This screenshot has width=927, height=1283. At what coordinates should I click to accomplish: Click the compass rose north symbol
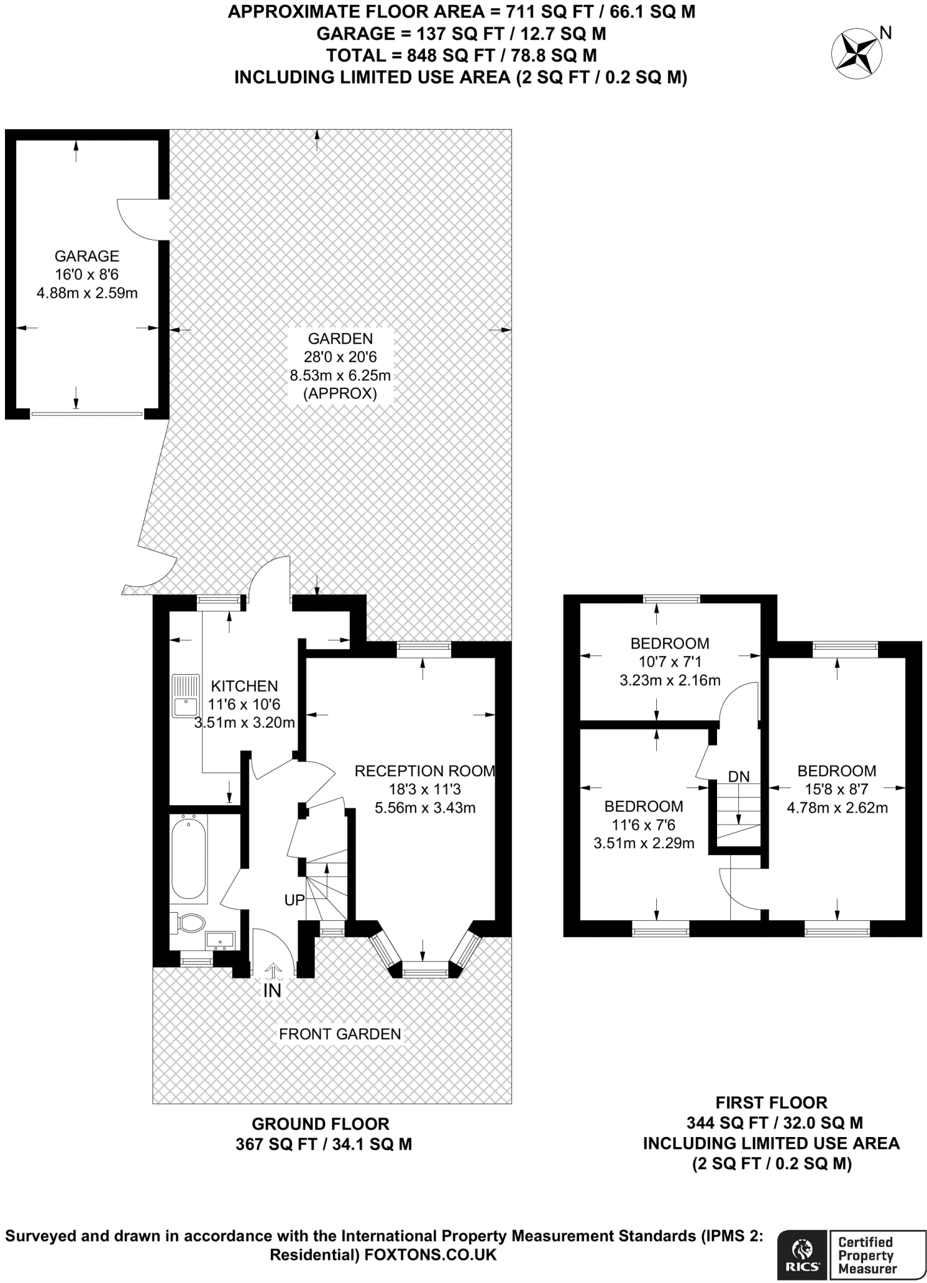click(x=856, y=53)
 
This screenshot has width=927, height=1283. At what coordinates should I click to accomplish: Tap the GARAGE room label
click(x=86, y=256)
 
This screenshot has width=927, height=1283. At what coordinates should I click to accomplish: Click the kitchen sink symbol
click(x=185, y=696)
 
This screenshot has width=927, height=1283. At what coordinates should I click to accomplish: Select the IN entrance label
click(x=272, y=990)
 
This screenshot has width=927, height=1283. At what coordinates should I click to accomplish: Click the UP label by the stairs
click(x=295, y=900)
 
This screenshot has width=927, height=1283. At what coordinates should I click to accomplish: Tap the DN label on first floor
click(x=739, y=776)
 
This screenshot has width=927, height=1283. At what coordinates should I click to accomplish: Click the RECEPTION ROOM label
click(x=425, y=771)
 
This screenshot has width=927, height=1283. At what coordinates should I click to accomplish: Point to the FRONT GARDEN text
click(x=340, y=1034)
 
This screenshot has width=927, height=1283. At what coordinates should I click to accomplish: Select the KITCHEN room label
click(x=244, y=686)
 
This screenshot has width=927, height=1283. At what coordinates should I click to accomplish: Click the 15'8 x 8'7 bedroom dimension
click(x=837, y=789)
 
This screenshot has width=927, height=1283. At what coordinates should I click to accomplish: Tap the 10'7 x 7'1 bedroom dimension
click(x=669, y=662)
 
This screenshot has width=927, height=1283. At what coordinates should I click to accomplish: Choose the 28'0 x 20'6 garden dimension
click(x=340, y=357)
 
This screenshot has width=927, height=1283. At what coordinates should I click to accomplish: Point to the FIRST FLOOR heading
click(x=772, y=1103)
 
